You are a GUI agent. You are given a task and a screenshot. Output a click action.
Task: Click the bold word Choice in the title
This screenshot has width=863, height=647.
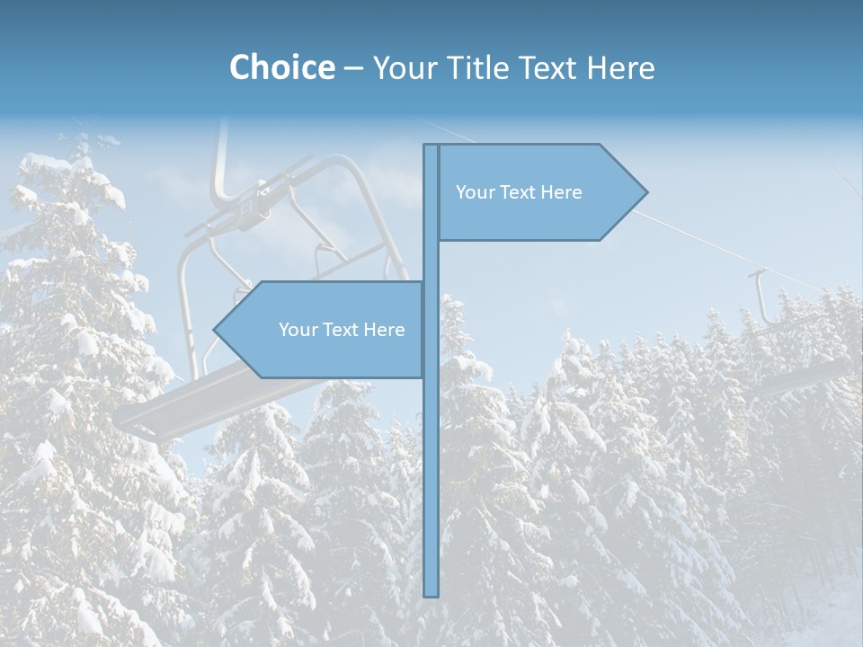click(281, 67)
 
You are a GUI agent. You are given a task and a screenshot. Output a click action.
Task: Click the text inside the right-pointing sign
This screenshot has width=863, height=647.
click(519, 192)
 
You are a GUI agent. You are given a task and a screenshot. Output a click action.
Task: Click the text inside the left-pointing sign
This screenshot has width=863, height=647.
click(342, 330)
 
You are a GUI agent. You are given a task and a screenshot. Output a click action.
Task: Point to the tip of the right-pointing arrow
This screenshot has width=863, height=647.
click(645, 192)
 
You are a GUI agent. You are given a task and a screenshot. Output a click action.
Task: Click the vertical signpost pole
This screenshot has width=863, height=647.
click(431, 449)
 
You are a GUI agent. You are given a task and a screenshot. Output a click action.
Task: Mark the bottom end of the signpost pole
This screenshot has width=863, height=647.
click(431, 594)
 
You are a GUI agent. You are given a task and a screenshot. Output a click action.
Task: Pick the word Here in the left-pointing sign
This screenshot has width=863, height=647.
click(384, 330)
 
